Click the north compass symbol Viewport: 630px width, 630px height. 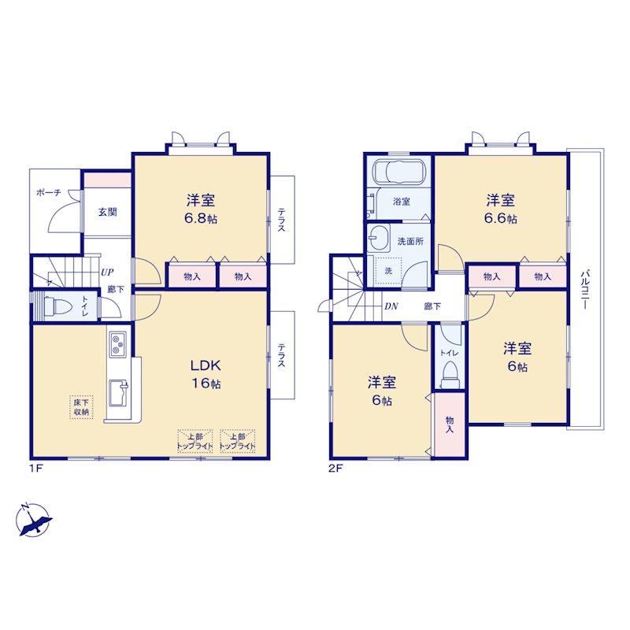tap(34, 520)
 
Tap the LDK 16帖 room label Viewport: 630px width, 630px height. tap(206, 375)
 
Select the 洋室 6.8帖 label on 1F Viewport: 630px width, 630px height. tap(201, 209)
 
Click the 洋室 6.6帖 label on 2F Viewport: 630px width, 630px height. tap(501, 209)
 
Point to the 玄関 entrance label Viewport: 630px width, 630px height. tap(108, 212)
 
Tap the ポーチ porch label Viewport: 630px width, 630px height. tap(49, 192)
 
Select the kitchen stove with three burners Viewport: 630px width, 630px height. tap(117, 343)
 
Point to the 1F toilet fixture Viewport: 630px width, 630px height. tap(57, 307)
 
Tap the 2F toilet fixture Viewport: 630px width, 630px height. tap(449, 373)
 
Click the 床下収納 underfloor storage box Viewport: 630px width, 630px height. tap(82, 407)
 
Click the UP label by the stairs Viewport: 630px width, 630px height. tap(107, 272)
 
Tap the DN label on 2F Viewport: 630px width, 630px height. tap(391, 306)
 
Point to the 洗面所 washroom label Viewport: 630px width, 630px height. tap(410, 242)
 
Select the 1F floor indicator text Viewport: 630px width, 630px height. tap(36, 468)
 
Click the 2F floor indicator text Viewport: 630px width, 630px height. tap(335, 468)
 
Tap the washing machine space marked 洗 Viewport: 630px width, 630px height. tap(388, 271)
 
